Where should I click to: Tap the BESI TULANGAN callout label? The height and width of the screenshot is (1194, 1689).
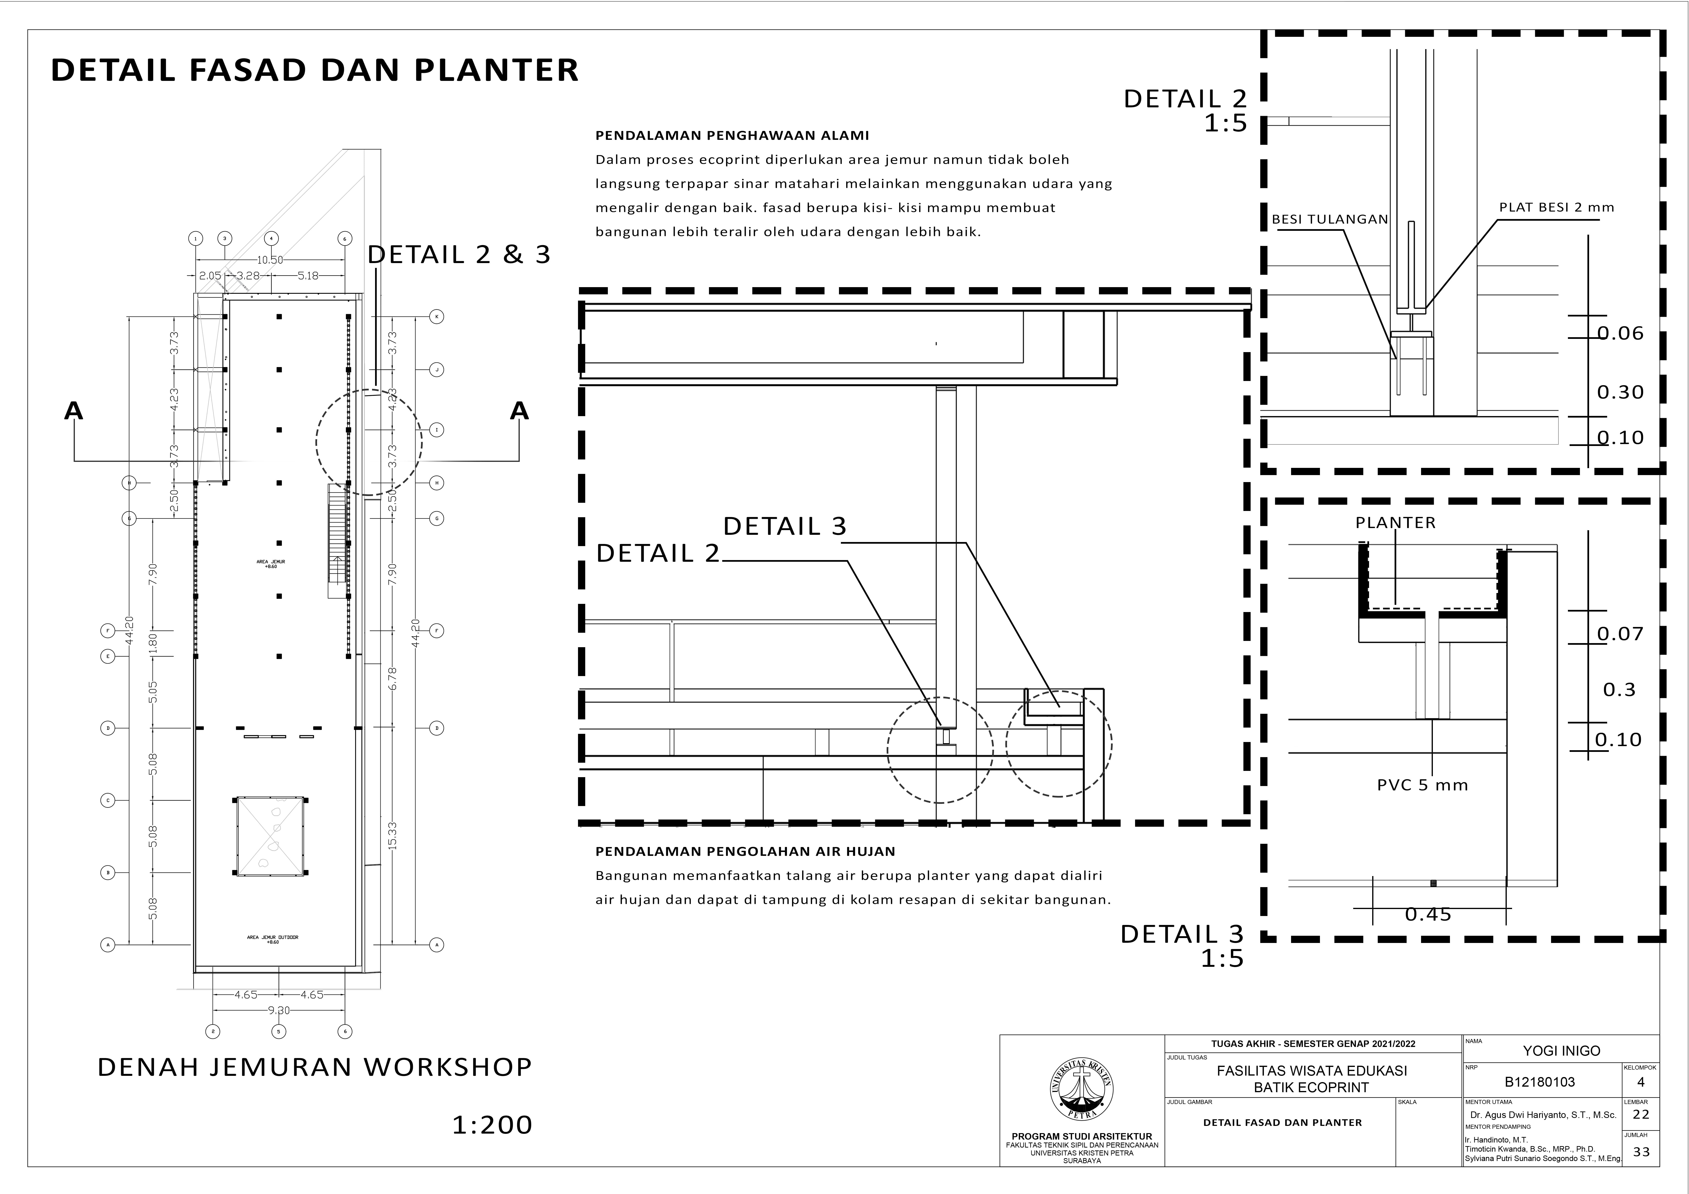point(1330,219)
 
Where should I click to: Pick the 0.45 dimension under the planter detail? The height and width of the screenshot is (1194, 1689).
point(1428,914)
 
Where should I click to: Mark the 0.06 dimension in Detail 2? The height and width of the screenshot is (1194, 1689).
point(1620,333)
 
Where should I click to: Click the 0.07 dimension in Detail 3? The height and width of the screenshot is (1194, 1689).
point(1620,633)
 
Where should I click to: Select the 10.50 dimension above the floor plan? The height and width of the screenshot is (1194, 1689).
point(270,260)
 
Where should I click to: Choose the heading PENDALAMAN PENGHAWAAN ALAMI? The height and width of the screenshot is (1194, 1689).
point(732,135)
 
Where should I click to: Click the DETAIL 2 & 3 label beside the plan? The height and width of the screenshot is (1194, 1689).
point(459,255)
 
